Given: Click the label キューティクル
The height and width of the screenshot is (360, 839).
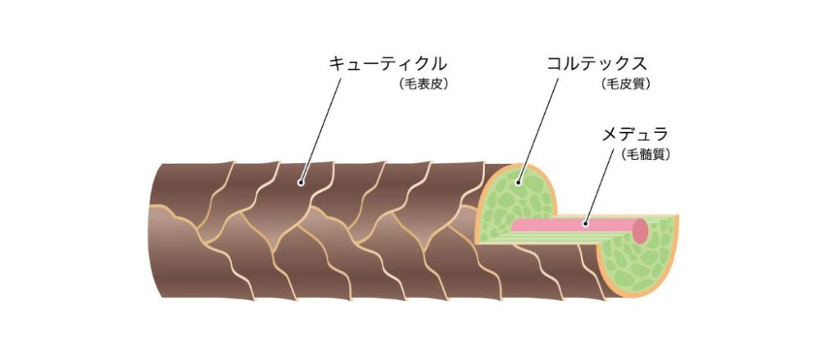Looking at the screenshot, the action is point(388,65).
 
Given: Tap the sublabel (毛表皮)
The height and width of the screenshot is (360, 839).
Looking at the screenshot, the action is point(422,84).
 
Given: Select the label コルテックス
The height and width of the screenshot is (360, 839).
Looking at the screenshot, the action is point(596,65).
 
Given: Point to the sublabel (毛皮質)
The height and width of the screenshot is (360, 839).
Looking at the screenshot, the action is point(626,84).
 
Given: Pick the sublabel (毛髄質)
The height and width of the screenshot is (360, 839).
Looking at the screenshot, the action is point(646,154).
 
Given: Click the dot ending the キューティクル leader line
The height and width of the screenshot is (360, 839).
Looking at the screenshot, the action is point(302,183).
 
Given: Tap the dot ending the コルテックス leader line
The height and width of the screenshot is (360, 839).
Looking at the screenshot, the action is point(518,183).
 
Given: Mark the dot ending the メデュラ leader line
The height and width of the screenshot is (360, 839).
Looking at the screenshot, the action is point(585,223).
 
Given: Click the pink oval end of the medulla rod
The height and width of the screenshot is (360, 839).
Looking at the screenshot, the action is point(641,231).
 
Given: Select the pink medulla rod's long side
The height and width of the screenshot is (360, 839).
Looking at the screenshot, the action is point(573,225).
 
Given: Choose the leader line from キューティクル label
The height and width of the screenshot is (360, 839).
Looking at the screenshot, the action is point(320,130).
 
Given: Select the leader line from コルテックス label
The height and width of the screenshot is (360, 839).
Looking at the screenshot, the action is point(538,130).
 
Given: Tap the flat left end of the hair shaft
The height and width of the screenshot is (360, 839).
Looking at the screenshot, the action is point(154,230).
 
